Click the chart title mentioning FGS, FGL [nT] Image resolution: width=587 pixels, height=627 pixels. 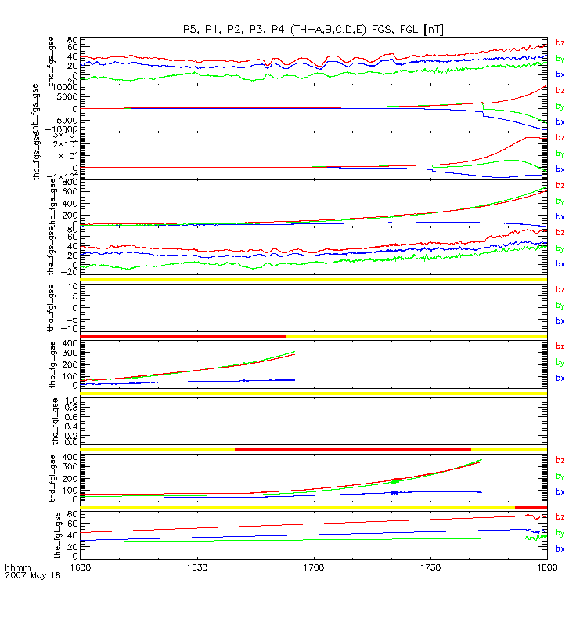313,29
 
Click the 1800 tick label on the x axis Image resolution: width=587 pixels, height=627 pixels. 546,564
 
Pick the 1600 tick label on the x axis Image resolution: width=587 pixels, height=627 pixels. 81,564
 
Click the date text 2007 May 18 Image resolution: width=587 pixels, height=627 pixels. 27,574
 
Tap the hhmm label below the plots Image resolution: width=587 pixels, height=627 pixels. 16,565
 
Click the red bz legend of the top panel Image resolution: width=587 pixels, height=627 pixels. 560,42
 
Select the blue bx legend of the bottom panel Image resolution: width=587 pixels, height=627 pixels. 560,549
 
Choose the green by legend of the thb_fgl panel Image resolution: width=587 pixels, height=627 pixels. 560,362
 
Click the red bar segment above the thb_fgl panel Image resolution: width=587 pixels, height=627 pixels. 182,336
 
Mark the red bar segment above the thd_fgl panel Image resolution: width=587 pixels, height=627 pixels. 352,449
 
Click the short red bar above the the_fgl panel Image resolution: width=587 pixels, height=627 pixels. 530,507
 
